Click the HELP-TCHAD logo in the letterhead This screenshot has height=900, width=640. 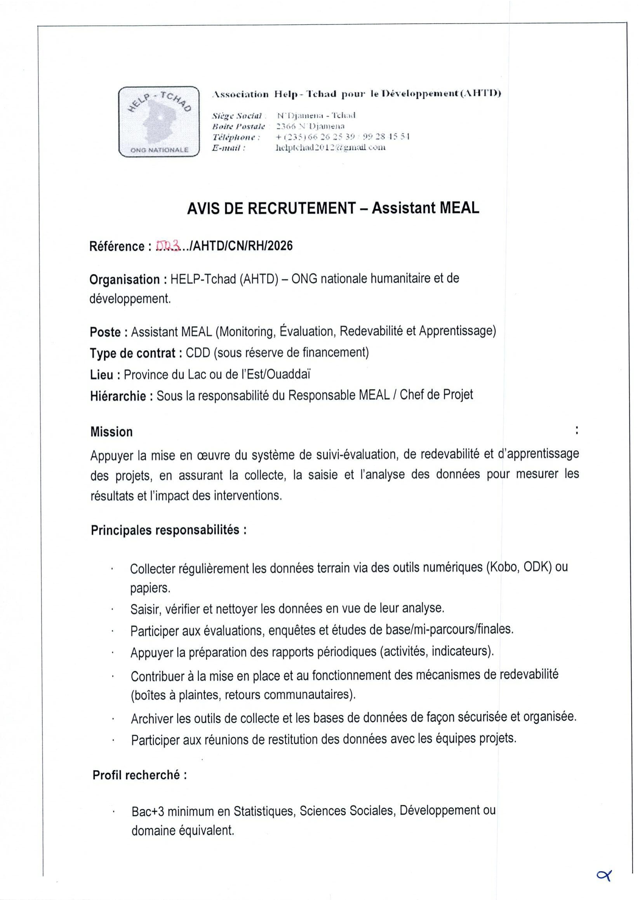coord(159,122)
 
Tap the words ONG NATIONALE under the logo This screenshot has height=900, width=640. coord(159,150)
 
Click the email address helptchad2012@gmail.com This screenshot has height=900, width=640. coord(330,148)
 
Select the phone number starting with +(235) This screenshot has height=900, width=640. coord(343,137)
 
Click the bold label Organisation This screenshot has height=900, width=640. coord(125,280)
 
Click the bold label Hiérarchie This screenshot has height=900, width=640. coord(118,396)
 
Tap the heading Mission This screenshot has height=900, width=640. coord(111,432)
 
